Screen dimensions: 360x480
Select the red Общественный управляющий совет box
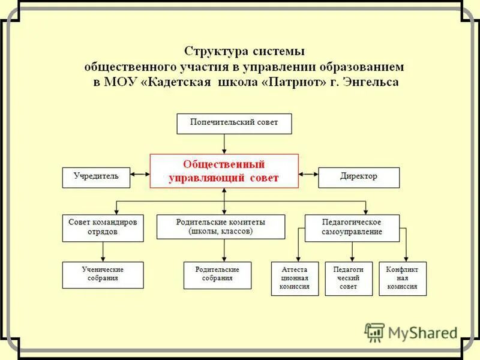(x=224, y=172)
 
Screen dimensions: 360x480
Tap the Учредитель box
(x=96, y=177)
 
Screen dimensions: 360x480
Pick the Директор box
(x=358, y=177)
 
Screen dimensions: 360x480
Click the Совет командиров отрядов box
(x=103, y=227)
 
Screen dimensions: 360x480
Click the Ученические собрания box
(x=103, y=275)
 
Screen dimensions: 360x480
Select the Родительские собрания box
(x=217, y=275)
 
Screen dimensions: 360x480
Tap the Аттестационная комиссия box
(x=295, y=278)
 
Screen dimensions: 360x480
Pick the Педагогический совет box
(x=348, y=278)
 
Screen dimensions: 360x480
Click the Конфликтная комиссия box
(x=402, y=278)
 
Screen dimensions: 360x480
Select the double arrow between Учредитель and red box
(x=139, y=175)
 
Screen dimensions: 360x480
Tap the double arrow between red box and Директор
(x=308, y=175)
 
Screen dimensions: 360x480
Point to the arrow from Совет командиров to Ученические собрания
(x=103, y=251)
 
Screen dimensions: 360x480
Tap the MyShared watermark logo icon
(x=374, y=332)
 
